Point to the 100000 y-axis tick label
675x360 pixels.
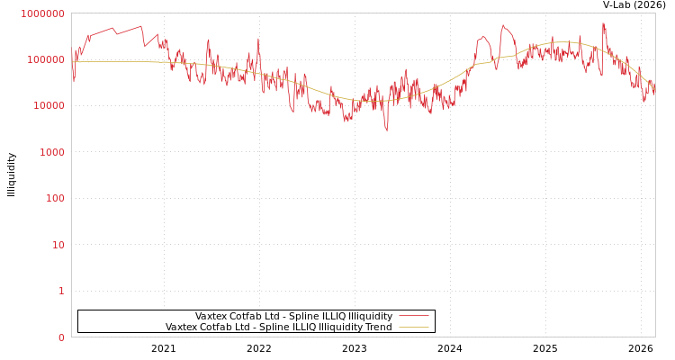(44, 59)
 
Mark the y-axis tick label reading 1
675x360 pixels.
(61, 291)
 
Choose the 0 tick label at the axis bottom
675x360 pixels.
(61, 337)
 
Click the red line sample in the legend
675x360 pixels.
(413, 317)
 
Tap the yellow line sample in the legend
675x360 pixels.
(413, 328)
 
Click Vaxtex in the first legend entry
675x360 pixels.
(211, 317)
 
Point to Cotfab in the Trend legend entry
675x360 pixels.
(217, 328)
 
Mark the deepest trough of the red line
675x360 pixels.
(387, 131)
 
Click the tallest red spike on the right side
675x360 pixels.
(603, 23)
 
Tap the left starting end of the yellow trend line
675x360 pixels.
(73, 62)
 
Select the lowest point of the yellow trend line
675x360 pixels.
(373, 100)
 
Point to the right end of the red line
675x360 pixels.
(654, 91)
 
